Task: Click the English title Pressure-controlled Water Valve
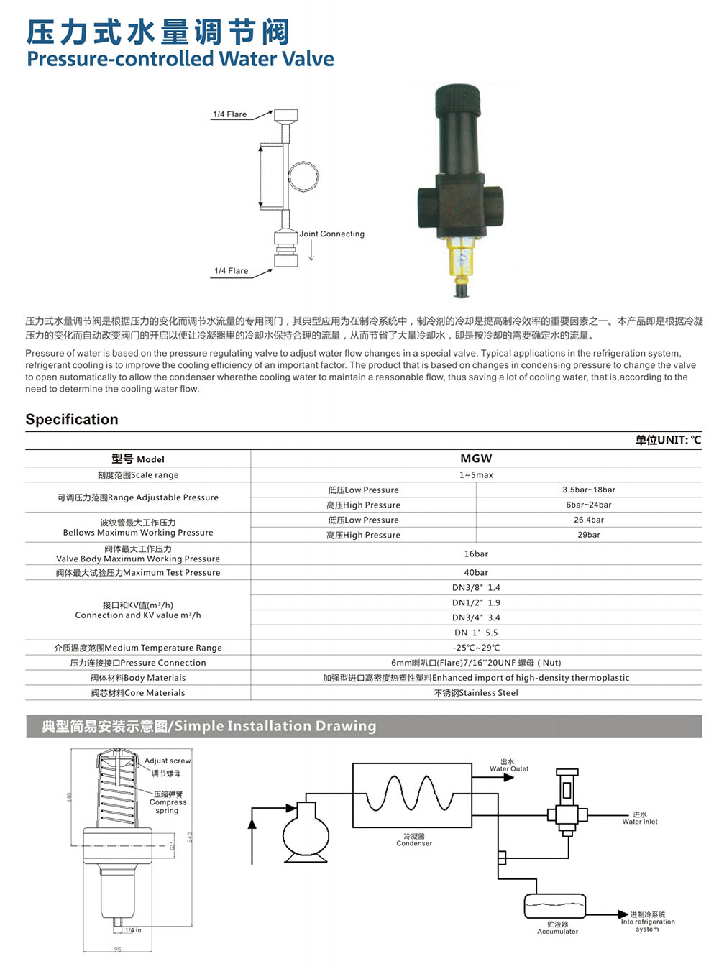[180, 59]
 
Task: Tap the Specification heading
[72, 419]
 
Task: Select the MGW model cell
[476, 459]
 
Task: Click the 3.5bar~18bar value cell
[589, 490]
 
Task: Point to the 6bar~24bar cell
[589, 505]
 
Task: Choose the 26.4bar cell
[589, 520]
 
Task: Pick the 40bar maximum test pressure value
[476, 573]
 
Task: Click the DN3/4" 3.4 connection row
[476, 617]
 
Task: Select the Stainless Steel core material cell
[476, 693]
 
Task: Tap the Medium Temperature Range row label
[138, 648]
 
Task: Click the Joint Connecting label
[332, 234]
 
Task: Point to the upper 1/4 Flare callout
[229, 114]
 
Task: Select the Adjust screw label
[168, 761]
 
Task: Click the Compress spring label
[168, 802]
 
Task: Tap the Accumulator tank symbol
[555, 906]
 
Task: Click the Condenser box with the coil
[413, 795]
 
